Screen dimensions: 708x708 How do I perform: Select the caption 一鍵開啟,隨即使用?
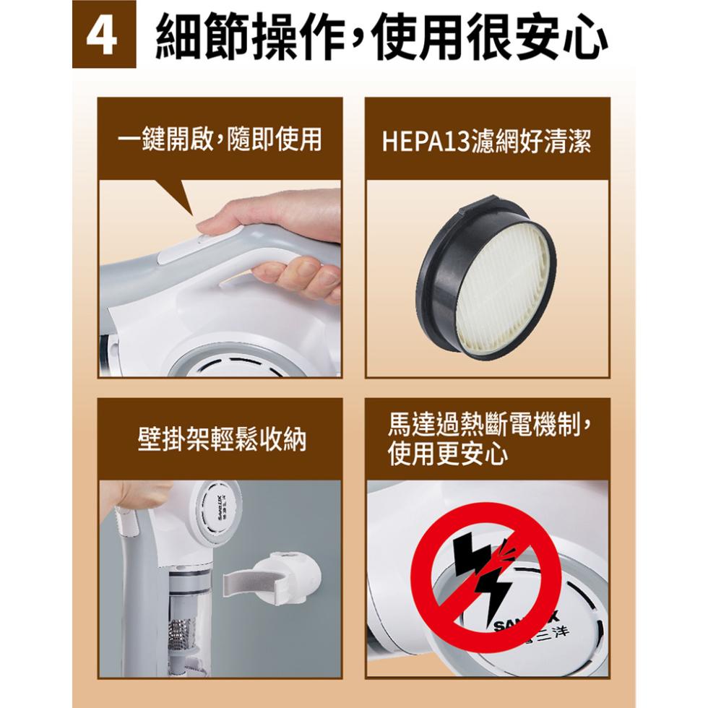[220, 139]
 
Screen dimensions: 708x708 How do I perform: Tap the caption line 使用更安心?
[447, 454]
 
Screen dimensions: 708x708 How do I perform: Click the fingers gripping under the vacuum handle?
[297, 276]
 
